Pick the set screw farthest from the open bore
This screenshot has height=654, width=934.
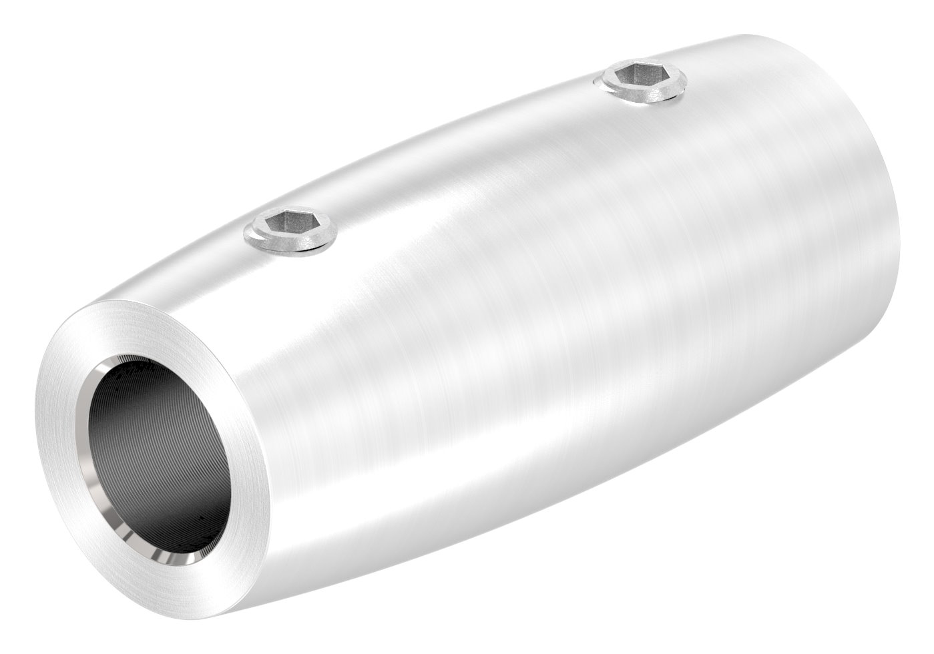tap(641, 83)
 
